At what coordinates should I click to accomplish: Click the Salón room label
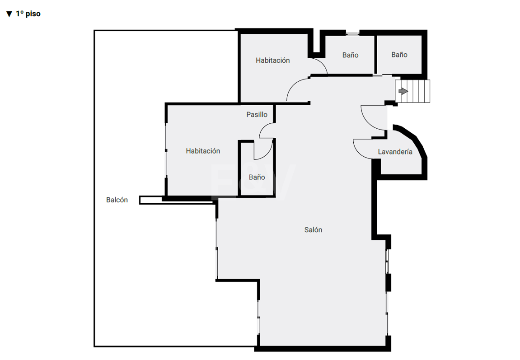pos(313,230)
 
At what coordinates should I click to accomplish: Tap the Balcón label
pos(117,200)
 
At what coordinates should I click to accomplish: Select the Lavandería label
pos(395,152)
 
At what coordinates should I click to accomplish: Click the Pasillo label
pos(257,114)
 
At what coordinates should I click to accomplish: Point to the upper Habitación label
pos(272,61)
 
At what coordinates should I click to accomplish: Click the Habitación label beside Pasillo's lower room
pos(203,151)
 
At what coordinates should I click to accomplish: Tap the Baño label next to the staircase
pos(399,55)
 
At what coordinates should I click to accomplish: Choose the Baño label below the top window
pos(350,55)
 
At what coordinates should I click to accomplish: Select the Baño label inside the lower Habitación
pos(257,178)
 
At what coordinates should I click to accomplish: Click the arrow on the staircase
pos(403,91)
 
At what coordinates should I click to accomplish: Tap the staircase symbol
pos(412,91)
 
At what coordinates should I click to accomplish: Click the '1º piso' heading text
pos(28,14)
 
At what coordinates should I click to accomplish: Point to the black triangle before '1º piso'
pos(9,14)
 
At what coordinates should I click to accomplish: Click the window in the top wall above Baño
pos(352,33)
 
